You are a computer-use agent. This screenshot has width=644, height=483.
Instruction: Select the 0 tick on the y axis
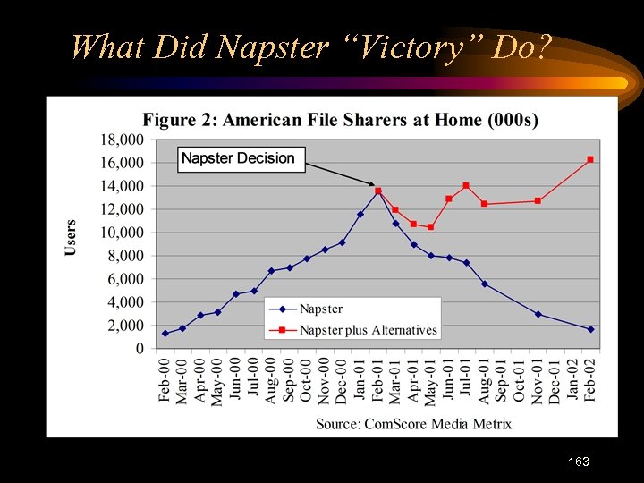click(139, 349)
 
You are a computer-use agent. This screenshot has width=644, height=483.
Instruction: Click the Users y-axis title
click(71, 237)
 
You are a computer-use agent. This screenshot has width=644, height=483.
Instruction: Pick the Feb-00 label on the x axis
click(165, 380)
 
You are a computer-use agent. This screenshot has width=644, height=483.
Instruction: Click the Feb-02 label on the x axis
click(590, 380)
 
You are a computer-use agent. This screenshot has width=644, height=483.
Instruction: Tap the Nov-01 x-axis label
click(538, 380)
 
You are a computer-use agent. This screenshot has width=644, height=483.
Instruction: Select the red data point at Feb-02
click(590, 159)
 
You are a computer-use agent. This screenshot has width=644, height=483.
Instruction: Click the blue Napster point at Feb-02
click(590, 329)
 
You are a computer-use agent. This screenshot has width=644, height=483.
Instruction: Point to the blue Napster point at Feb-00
click(165, 334)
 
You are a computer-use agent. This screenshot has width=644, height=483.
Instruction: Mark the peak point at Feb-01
click(377, 191)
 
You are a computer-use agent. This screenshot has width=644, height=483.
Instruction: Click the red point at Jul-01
click(466, 185)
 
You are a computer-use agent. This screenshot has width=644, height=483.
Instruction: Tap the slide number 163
click(578, 462)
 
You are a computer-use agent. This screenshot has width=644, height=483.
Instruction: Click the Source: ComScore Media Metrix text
click(413, 423)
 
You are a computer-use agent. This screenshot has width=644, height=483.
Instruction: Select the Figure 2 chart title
click(340, 120)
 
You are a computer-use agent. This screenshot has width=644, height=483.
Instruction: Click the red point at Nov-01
click(538, 200)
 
